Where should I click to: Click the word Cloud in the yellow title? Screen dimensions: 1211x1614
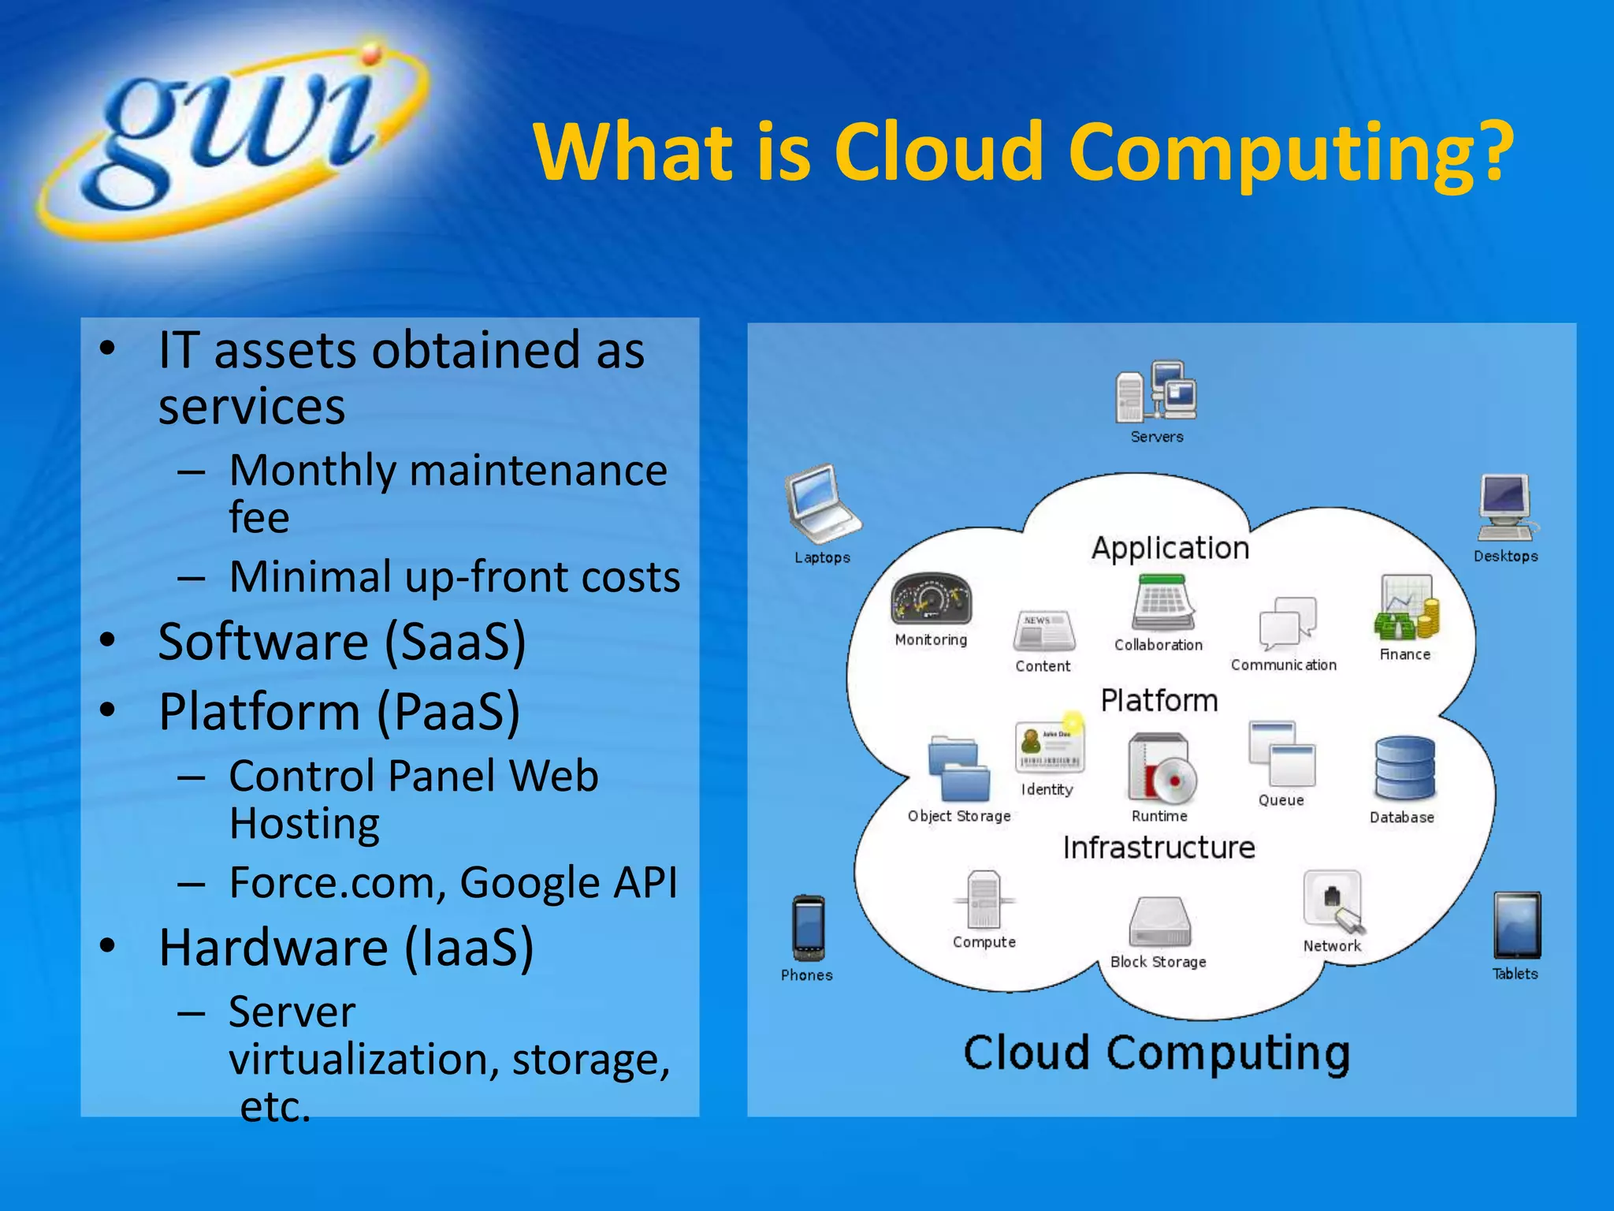tap(938, 151)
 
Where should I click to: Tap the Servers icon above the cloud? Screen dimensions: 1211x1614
tap(1156, 392)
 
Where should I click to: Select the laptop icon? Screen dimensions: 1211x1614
tap(822, 503)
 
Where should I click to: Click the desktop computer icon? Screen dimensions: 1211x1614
tap(1506, 508)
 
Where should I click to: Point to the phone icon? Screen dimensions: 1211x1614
tap(809, 928)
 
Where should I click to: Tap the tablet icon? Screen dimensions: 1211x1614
tap(1516, 925)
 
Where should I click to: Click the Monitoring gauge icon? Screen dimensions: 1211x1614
tap(931, 600)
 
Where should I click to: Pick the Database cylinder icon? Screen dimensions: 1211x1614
tap(1404, 769)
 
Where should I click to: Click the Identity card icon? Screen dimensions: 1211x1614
tap(1049, 747)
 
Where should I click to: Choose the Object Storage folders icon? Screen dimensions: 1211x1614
tap(958, 769)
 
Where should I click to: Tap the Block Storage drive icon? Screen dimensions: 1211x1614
tap(1159, 922)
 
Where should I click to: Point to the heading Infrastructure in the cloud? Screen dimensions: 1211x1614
tap(1158, 848)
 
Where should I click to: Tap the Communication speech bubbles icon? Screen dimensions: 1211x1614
tap(1287, 623)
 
